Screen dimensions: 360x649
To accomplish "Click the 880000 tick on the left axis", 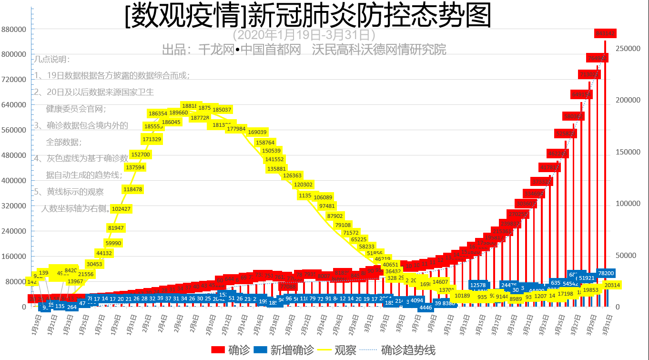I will (x=13, y=29).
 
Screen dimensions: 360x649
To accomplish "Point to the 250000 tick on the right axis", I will (x=628, y=49).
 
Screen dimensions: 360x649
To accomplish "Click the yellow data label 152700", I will (x=141, y=154).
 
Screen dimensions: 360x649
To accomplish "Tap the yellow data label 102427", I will (x=121, y=209).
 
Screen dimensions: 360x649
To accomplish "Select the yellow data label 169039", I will (x=258, y=132).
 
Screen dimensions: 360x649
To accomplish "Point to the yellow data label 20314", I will (x=612, y=285).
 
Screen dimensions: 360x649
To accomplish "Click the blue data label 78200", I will (x=606, y=273).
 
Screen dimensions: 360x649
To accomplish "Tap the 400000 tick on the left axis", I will (x=13, y=181).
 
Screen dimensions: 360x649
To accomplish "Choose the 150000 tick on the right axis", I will (x=628, y=152).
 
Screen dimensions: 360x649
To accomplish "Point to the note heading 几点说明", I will (x=52, y=60).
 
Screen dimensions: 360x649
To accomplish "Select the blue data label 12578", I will (x=478, y=285).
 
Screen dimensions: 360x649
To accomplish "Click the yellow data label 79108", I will (x=343, y=225).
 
